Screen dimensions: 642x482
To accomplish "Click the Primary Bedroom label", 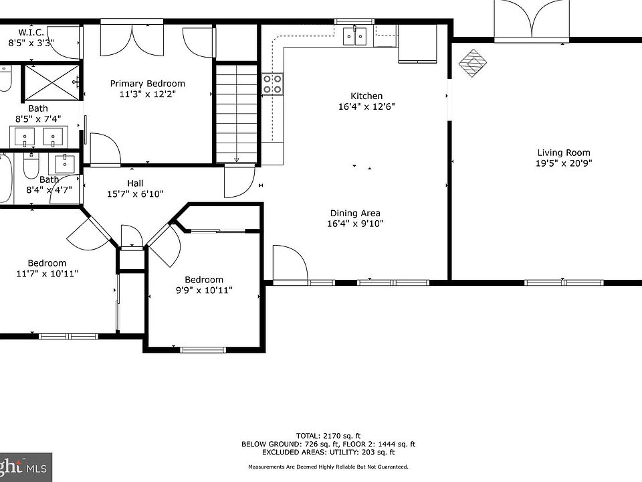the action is coord(147,84).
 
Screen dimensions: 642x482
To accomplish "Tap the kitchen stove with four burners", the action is coord(272,84).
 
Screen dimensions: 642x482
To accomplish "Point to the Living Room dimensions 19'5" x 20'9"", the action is coord(564,163).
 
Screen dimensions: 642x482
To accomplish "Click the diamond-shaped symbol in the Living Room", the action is coord(473,63).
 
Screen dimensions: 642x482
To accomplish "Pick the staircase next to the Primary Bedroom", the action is coord(237,113).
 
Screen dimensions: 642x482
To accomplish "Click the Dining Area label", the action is coord(355,213).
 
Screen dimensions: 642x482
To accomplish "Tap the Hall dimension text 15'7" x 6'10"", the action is coord(135,194).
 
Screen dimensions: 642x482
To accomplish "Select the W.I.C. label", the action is coord(31,32).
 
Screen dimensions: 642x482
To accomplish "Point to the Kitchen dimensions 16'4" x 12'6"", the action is coord(366,106).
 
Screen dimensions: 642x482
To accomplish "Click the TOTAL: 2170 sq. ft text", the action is coord(328,436).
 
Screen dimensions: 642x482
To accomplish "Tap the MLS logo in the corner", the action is coord(25,467).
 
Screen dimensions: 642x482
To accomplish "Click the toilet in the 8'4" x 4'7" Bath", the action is coord(31,165).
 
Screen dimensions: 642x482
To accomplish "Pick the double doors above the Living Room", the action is coord(531,21).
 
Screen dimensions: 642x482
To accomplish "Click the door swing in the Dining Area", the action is coord(290,262).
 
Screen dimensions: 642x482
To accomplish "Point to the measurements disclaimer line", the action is coord(328,467).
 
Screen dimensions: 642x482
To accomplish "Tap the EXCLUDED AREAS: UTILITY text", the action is coord(328,452).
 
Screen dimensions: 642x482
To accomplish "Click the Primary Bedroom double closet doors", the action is coord(132,39).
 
